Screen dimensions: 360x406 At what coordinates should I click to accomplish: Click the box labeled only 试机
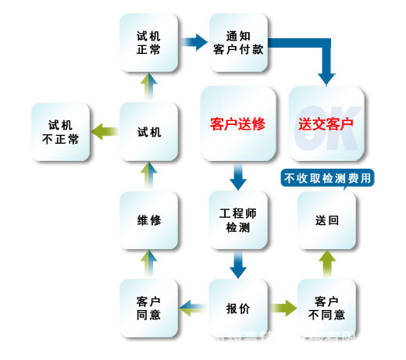[x=149, y=131]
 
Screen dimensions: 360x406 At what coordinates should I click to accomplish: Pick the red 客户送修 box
[x=238, y=123]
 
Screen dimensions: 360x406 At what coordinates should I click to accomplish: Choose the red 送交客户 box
[x=326, y=123]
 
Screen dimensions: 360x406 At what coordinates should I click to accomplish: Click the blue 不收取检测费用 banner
[x=327, y=178]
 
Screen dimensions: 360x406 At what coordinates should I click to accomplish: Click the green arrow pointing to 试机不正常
[x=104, y=131]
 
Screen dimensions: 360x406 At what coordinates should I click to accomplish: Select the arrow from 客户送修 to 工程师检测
[x=239, y=177]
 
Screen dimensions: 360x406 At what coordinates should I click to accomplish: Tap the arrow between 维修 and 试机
[x=149, y=176]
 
